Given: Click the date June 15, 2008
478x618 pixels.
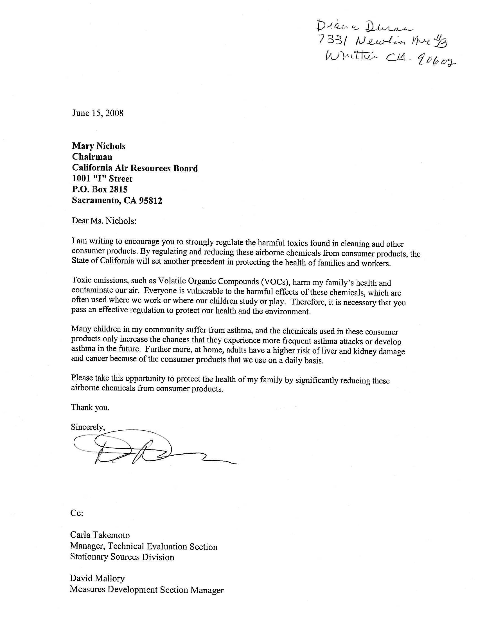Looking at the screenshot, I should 98,113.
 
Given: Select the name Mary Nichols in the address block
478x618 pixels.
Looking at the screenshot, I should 98,146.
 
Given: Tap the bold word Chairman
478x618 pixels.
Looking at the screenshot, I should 92,157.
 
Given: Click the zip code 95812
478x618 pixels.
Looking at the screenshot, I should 150,201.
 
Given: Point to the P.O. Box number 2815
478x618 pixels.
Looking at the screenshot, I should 118,189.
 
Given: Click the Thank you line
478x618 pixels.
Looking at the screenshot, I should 90,407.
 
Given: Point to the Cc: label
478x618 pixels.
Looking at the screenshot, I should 76,513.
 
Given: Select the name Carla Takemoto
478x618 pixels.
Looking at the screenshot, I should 100,535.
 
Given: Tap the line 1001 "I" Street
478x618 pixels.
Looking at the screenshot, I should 102,179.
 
